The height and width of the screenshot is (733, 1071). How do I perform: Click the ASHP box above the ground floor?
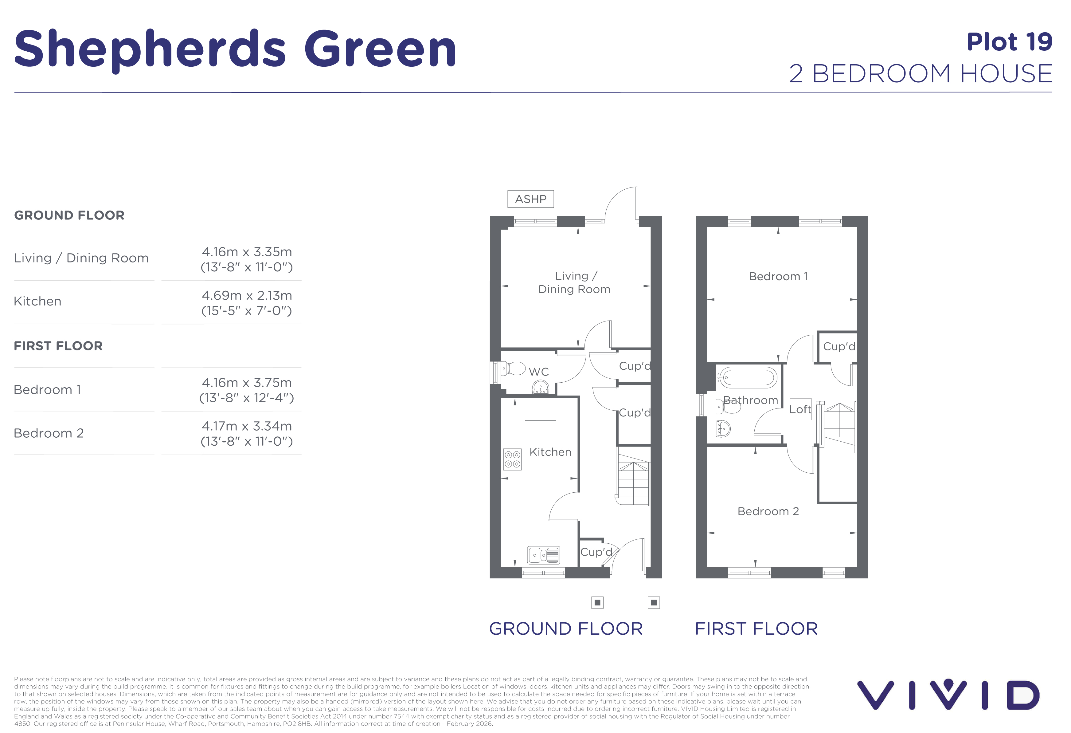coord(530,199)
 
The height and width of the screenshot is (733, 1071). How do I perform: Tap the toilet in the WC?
coord(513,369)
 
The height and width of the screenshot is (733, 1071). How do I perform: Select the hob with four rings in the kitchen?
coord(512,459)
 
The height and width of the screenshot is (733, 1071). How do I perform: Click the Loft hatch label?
coord(800,409)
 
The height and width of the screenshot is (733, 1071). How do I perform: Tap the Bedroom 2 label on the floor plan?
coord(768,511)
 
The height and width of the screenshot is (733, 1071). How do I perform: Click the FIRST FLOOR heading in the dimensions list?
coord(58,346)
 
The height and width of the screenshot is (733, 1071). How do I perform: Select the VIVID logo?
coord(948,694)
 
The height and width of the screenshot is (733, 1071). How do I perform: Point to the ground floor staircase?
coord(633,479)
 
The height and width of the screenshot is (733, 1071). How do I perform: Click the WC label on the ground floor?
coord(539,372)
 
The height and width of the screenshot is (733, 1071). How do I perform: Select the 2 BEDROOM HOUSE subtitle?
coord(921,74)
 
